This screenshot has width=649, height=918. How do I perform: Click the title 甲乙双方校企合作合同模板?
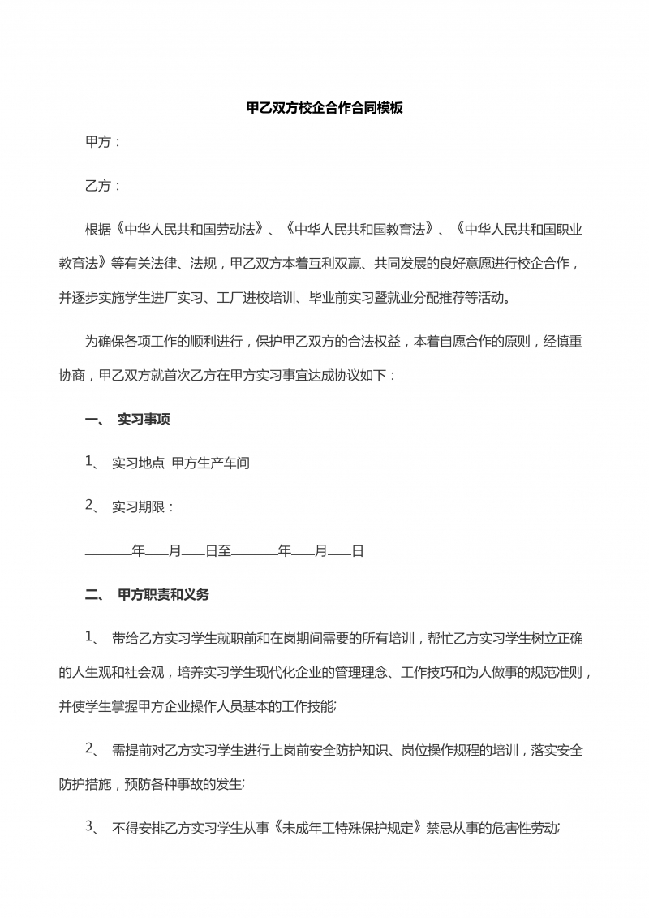(324, 107)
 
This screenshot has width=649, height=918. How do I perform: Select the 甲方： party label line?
(103, 142)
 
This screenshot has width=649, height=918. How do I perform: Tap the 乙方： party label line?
(103, 186)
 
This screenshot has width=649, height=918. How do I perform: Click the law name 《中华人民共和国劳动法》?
(190, 230)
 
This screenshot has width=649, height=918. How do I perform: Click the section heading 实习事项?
(144, 420)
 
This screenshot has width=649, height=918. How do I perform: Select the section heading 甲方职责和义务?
(164, 595)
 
